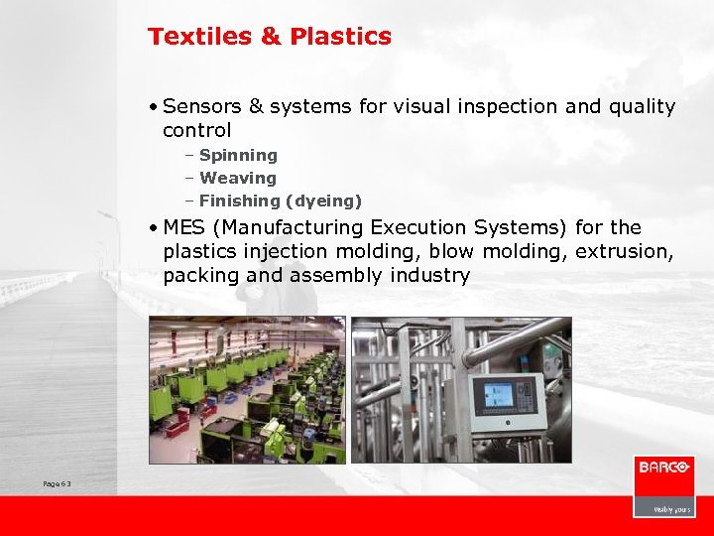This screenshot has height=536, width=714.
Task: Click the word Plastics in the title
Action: pyautogui.click(x=340, y=37)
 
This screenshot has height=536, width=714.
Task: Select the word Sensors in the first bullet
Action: pyautogui.click(x=199, y=106)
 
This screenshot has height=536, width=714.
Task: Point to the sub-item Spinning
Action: pyautogui.click(x=238, y=155)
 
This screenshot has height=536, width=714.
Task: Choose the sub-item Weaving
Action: pyautogui.click(x=238, y=178)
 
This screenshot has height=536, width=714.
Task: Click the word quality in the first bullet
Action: pyautogui.click(x=642, y=106)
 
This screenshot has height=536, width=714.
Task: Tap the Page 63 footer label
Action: pyautogui.click(x=57, y=483)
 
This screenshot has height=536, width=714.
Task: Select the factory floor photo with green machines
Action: pyautogui.click(x=247, y=389)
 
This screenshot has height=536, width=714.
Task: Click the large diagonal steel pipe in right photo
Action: pyautogui.click(x=516, y=343)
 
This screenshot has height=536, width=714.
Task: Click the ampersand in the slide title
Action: pyautogui.click(x=271, y=37)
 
